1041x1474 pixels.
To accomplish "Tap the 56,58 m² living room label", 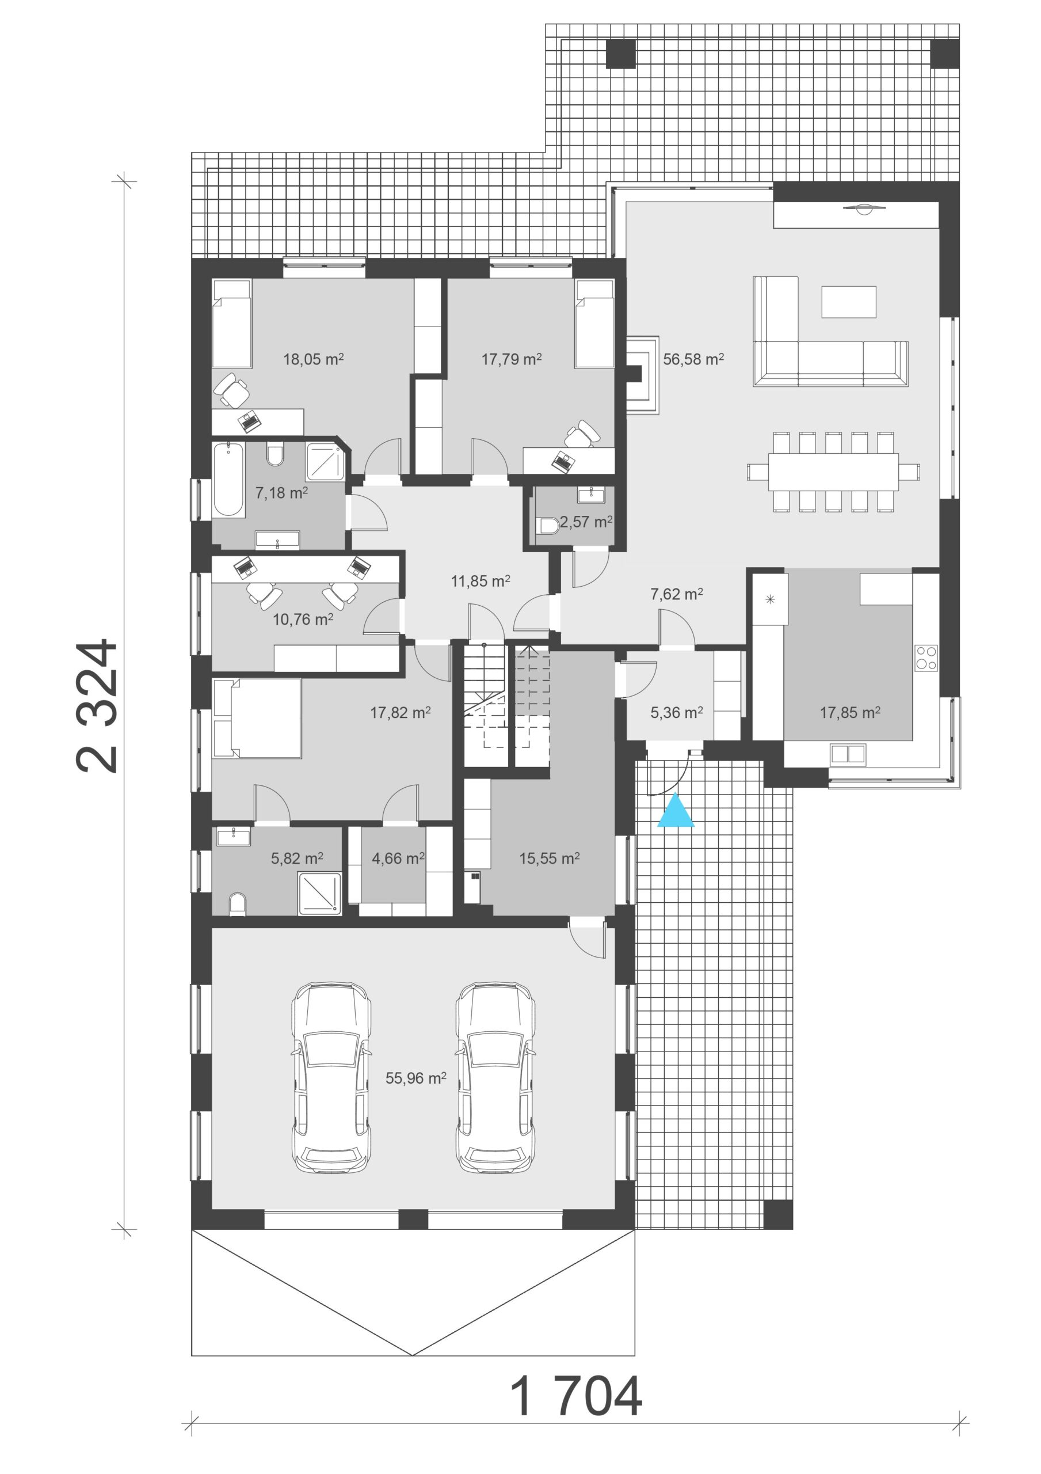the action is pos(693,359).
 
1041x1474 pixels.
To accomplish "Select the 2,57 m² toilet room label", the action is pos(586,522).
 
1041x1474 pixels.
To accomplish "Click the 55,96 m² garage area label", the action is pos(416,1078).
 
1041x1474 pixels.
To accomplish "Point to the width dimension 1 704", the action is pos(575,1396).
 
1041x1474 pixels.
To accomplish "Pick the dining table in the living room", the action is pos(834,472).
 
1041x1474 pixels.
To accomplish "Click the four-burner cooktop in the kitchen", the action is pos(926,658).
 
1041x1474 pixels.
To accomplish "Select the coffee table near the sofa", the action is pos(849,302).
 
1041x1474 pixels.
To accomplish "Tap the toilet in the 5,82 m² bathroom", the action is pos(238,904).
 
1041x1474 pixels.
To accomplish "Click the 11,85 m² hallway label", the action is pos(481,581).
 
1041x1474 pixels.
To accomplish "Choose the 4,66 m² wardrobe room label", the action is pos(398,858).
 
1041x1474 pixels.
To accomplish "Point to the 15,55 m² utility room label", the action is pos(550,858).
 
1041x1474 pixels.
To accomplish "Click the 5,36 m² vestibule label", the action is pos(677,712).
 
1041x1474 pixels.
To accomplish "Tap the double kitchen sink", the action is pos(848,754).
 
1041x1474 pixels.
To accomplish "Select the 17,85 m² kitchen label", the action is pos(850,712).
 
